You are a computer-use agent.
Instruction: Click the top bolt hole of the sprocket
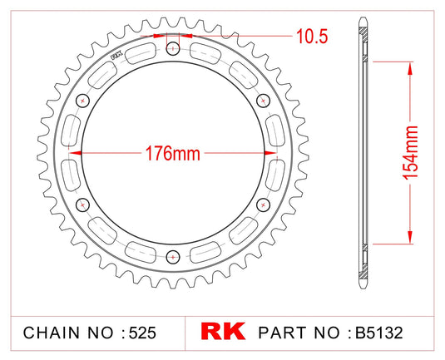click(x=173, y=51)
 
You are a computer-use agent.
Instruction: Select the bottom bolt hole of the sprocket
click(x=173, y=255)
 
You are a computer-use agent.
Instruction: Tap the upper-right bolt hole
click(x=265, y=101)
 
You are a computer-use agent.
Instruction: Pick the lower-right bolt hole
click(x=265, y=205)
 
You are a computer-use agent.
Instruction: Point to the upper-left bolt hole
click(x=82, y=101)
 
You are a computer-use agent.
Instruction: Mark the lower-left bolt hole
click(x=82, y=205)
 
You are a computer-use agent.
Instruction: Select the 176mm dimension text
click(x=173, y=154)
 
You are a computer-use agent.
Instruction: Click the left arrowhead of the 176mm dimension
click(x=85, y=154)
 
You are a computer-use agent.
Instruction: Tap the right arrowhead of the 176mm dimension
click(x=261, y=154)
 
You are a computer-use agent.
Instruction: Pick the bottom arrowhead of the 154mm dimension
click(x=409, y=238)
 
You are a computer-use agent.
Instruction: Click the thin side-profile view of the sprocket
click(x=363, y=153)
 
